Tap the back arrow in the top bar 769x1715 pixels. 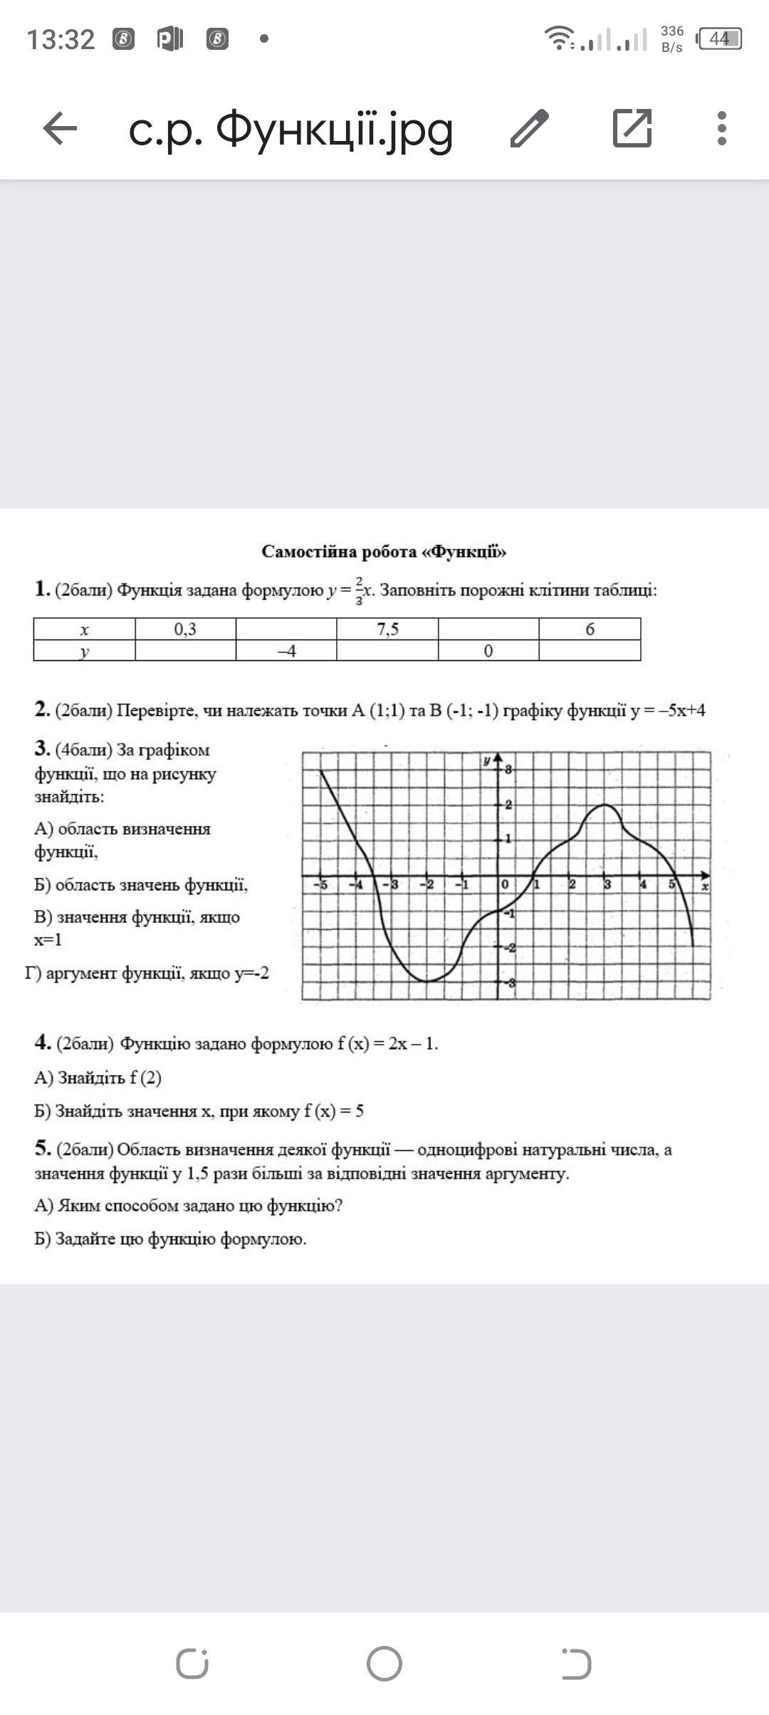[60, 129]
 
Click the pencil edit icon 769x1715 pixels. [530, 129]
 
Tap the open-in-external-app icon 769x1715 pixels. [632, 129]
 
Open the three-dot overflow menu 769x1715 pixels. [722, 129]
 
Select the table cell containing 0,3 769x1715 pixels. [185, 629]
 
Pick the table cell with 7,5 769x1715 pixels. [387, 629]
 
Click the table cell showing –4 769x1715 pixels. [286, 650]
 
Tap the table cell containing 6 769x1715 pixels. [590, 629]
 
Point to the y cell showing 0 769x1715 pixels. [488, 650]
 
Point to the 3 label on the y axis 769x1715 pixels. [508, 769]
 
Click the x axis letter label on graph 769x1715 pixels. [704, 887]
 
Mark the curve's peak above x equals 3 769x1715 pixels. [605, 805]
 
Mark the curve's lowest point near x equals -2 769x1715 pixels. [427, 981]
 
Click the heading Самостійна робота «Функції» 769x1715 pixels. [384, 551]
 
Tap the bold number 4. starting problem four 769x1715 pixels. [42, 1043]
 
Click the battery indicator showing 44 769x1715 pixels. [719, 38]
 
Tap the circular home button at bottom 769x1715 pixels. [384, 1664]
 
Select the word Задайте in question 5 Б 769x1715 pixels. [85, 1239]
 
